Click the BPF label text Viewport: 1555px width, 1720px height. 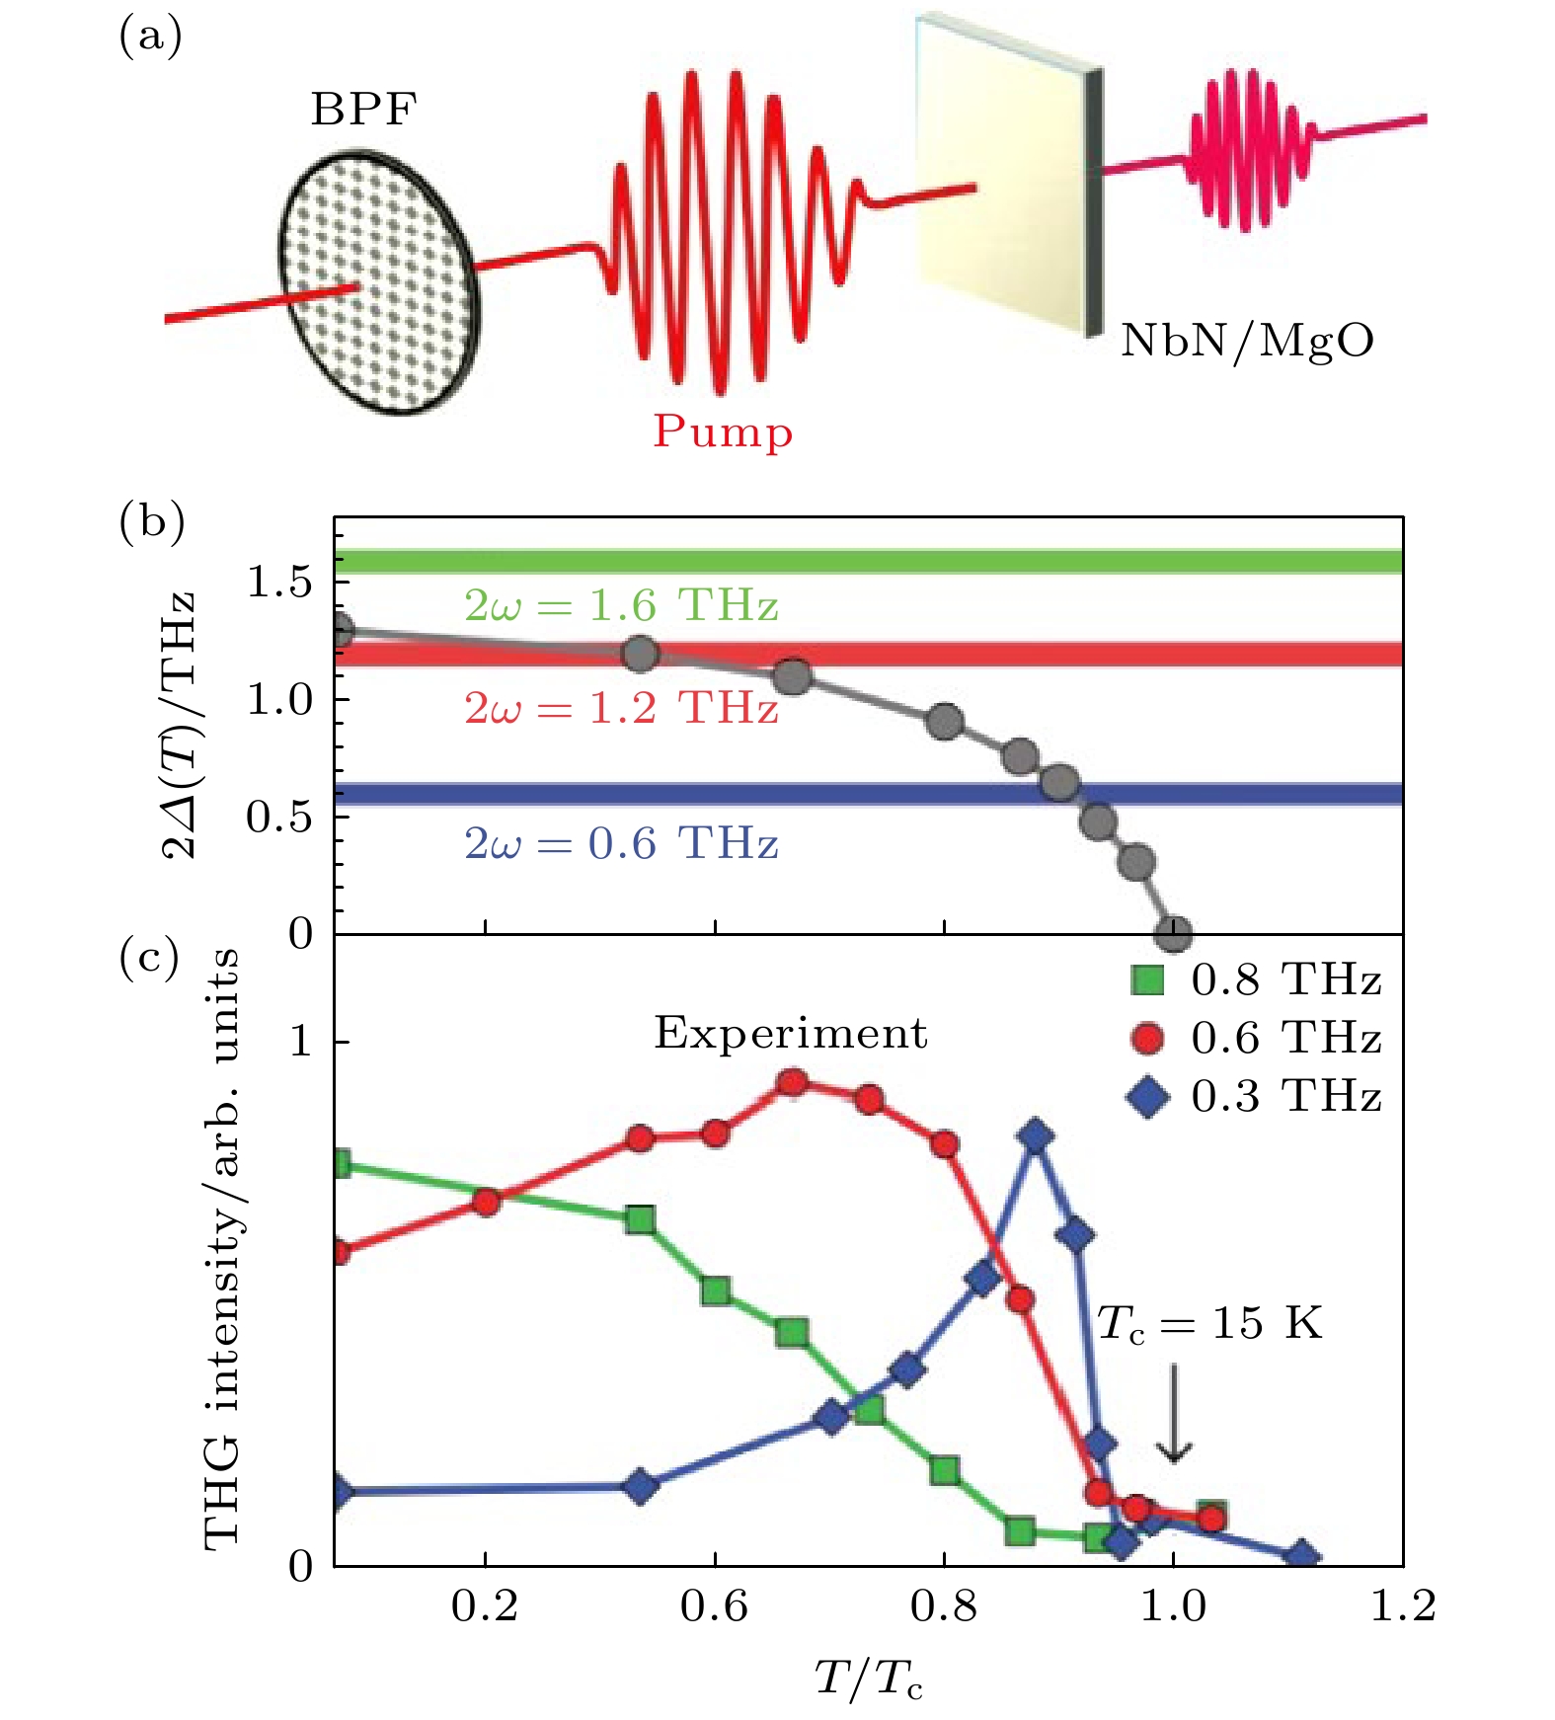[363, 110]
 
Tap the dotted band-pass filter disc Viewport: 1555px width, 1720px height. [380, 282]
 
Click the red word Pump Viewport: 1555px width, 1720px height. [723, 432]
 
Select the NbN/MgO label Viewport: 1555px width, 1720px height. [1247, 341]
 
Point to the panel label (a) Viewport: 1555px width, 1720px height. [150, 38]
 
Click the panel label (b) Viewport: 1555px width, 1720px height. [151, 520]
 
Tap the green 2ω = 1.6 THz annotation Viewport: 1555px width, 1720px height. [621, 605]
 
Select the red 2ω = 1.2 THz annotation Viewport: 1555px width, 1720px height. [621, 708]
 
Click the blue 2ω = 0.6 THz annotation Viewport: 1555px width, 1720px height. [621, 843]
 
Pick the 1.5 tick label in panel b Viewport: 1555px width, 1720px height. [279, 583]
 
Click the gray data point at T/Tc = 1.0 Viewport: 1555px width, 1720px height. [1173, 933]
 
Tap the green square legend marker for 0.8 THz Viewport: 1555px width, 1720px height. [1147, 979]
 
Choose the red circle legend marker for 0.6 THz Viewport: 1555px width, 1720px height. [1147, 1038]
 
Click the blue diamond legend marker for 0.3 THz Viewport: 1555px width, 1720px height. [1147, 1096]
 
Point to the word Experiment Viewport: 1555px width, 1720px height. [791, 1033]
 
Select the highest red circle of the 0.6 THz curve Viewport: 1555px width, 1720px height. [792, 1083]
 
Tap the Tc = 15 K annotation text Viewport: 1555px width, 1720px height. [1209, 1323]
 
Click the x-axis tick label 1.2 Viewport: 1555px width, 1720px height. [1403, 1607]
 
